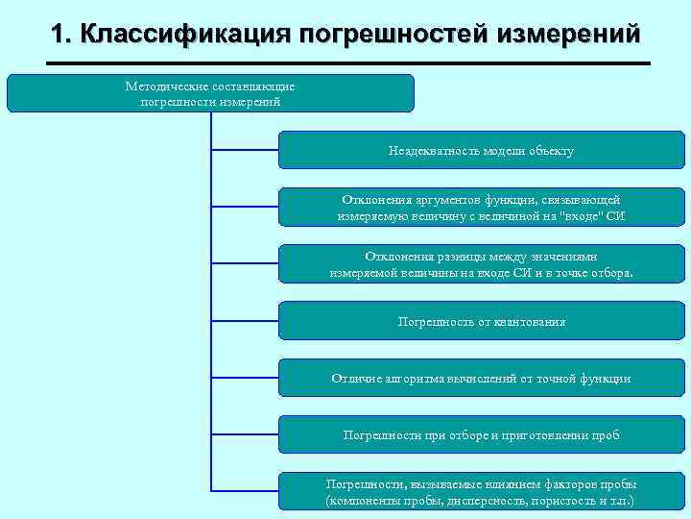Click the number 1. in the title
[x=62, y=36]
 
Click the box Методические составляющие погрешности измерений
[x=210, y=93]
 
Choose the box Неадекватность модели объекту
[x=481, y=150]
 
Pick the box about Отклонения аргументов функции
[x=481, y=207]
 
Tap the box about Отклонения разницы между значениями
[x=481, y=263]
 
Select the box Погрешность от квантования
[x=481, y=321]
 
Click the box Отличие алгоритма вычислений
[x=481, y=378]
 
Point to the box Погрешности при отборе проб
[x=481, y=434]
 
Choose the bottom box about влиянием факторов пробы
[x=481, y=492]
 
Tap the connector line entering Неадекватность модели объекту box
[x=244, y=150]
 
